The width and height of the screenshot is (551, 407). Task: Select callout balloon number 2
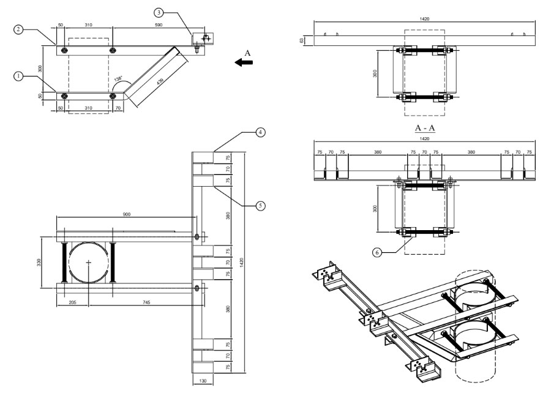(19, 29)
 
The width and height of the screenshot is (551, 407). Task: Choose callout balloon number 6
(378, 251)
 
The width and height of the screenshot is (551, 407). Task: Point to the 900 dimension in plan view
(126, 215)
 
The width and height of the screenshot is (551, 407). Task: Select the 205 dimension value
(72, 303)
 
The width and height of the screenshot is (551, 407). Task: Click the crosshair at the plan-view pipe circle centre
(89, 263)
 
